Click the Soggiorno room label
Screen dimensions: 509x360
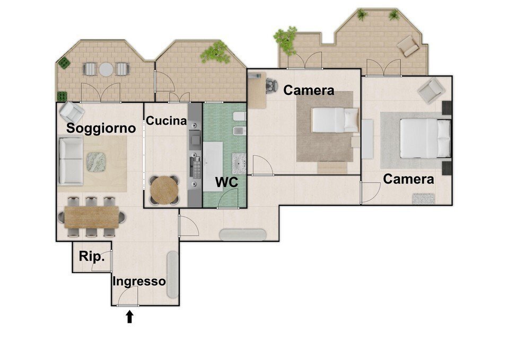click(101, 128)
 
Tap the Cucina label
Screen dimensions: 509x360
click(166, 121)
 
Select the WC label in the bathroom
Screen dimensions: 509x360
click(226, 182)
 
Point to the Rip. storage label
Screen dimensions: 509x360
click(92, 257)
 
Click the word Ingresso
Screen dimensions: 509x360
click(139, 282)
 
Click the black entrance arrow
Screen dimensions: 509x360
click(129, 317)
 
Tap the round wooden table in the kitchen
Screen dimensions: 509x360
click(164, 190)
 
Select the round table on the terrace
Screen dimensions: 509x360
click(106, 69)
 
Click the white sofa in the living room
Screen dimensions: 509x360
click(71, 161)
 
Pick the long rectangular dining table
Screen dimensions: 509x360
click(92, 217)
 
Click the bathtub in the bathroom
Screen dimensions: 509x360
click(213, 166)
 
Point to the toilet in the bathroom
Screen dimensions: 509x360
click(240, 116)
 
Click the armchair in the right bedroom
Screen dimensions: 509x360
click(431, 90)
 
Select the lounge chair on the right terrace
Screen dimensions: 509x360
click(408, 46)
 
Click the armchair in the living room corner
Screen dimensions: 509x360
click(72, 112)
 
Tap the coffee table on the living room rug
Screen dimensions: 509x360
click(96, 162)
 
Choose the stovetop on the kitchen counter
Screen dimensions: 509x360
click(197, 167)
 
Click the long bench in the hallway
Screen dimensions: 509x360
click(243, 235)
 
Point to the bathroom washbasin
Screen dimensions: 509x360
click(239, 164)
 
